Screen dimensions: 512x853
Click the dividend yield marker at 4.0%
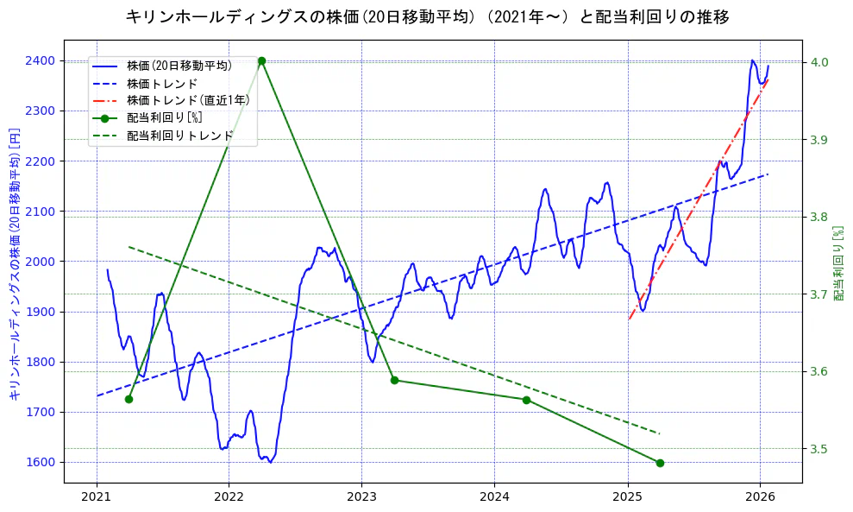261,61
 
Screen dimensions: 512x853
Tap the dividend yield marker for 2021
129,399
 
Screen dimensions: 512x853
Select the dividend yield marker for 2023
394,380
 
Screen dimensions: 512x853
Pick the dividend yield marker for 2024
526,400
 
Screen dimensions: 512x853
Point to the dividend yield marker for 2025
660,463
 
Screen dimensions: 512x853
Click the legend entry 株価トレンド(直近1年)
188,100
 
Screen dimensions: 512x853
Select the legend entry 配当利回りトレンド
179,136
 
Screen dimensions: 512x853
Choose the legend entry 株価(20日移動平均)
179,65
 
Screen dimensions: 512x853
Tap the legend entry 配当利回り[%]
164,118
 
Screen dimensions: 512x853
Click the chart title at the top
427,16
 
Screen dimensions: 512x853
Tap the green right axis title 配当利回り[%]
838,263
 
